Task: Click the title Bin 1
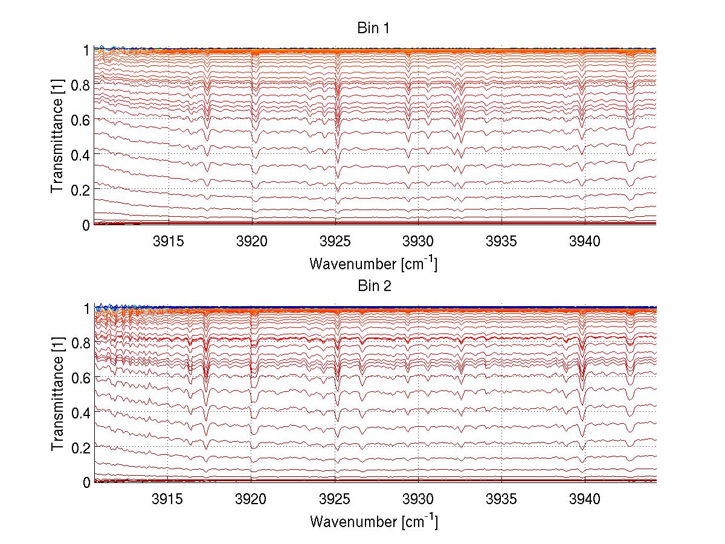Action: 375,28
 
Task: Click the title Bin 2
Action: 375,286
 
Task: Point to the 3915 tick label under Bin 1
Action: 169,242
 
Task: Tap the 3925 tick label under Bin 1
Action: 336,242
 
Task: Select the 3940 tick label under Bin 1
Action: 585,242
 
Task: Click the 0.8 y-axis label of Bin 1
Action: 80,85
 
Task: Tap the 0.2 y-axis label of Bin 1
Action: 80,190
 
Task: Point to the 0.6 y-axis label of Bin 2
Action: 80,378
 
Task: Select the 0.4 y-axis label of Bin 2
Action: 80,412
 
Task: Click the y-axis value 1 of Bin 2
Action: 86,309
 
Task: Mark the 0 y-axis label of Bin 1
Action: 86,225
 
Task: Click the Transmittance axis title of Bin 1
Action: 57,136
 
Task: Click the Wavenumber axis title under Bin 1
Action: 373,263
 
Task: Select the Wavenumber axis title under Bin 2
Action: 373,521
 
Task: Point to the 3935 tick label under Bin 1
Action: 502,242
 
